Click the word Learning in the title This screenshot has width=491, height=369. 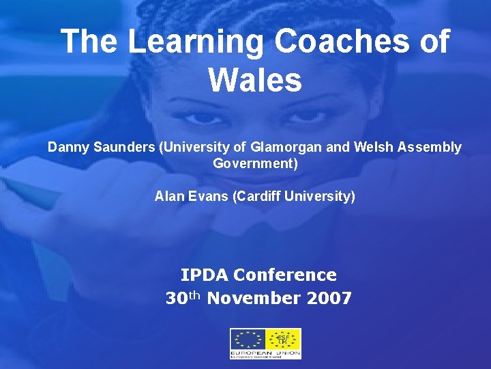[195, 42]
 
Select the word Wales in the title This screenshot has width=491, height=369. [255, 80]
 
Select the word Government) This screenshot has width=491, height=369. [255, 164]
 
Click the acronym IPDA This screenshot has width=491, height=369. [204, 275]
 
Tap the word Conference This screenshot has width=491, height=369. [284, 275]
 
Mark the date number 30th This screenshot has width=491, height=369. [183, 298]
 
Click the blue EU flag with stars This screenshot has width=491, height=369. [247, 340]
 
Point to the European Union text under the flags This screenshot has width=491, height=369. [265, 353]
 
